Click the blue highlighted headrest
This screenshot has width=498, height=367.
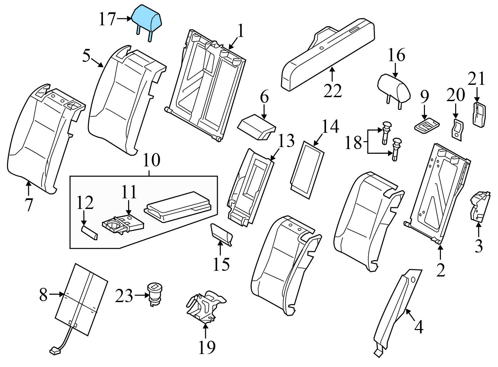(x=146, y=17)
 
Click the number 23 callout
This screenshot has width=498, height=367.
(x=124, y=296)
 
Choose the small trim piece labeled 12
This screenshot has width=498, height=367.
(x=90, y=232)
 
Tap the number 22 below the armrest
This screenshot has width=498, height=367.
(x=332, y=91)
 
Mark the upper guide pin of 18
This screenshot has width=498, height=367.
(x=386, y=131)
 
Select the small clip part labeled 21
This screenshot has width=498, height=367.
(x=478, y=115)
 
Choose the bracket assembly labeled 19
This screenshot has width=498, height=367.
(x=205, y=306)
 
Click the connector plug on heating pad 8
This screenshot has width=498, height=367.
(x=54, y=350)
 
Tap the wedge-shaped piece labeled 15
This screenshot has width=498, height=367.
(x=220, y=235)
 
